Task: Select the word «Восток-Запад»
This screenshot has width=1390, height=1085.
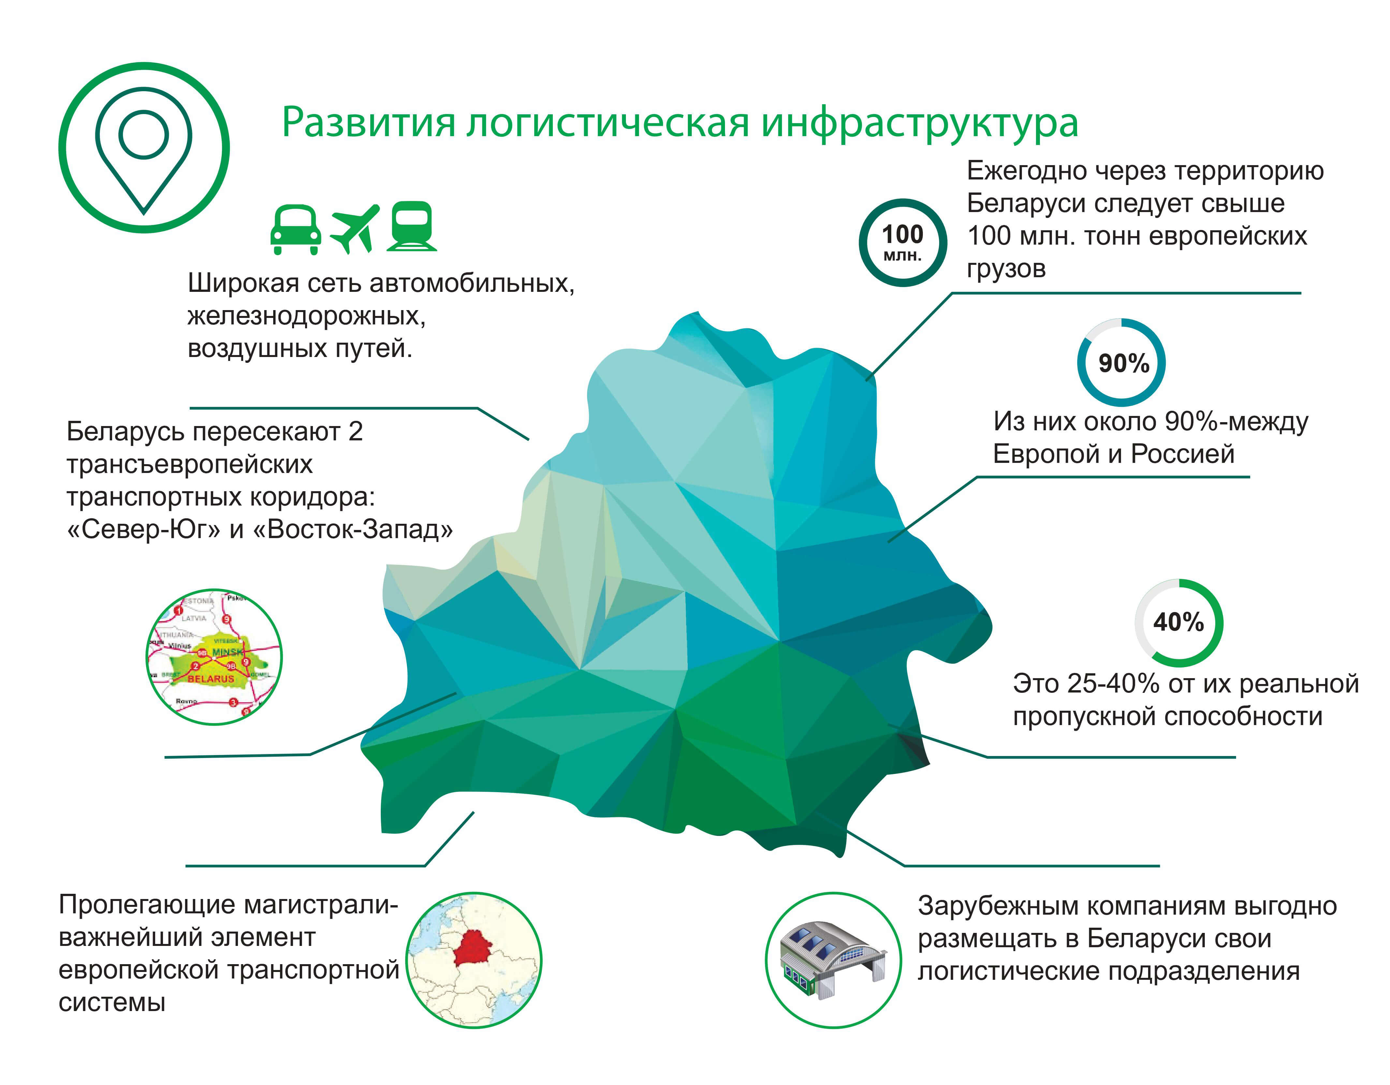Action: pos(353,529)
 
